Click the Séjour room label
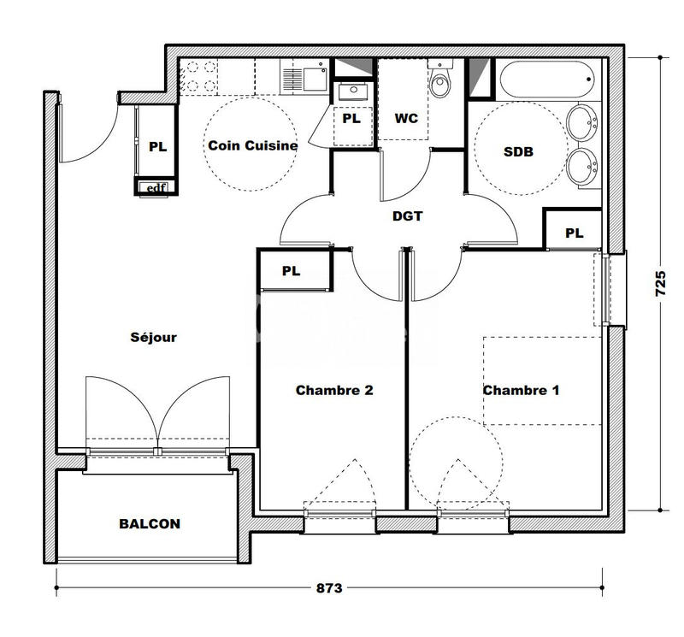pos(154,338)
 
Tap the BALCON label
pos(150,524)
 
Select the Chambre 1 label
pos(522,391)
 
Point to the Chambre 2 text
pos(334,391)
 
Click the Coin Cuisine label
pos(253,146)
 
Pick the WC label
pos(406,119)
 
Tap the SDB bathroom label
pos(518,152)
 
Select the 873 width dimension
pos(329,588)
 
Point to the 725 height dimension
pos(660,282)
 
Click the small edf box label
pos(156,188)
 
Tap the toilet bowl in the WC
pos(441,82)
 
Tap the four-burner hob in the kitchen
pos(198,76)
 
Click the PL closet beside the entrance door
pos(157,146)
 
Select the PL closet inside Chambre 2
pos(292,271)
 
